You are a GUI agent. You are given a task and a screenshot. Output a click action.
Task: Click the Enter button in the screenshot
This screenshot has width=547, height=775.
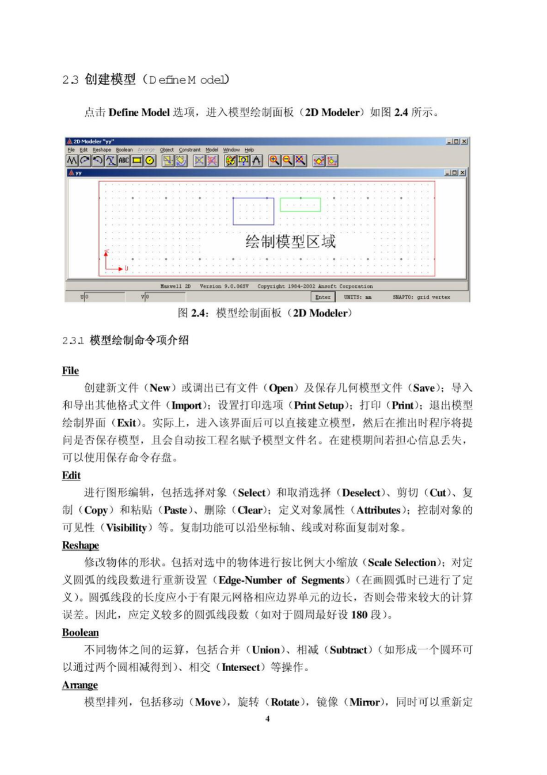pos(323,297)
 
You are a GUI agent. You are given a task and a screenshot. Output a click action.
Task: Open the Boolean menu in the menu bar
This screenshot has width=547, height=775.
pos(124,150)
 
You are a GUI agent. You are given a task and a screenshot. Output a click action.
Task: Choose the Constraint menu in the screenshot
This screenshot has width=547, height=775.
pos(189,150)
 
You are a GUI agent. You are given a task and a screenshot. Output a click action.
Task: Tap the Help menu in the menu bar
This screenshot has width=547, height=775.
pos(249,150)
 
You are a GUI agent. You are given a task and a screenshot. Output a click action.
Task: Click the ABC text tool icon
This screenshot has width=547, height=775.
pos(124,161)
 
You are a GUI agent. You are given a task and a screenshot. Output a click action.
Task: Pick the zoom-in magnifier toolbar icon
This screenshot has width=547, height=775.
pos(274,161)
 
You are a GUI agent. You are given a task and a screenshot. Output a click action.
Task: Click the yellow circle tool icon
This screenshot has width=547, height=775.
pos(150,161)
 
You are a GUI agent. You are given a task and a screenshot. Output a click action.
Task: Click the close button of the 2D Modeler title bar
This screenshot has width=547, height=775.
pos(465,141)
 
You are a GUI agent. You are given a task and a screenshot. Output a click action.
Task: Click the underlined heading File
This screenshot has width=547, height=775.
pos(70,371)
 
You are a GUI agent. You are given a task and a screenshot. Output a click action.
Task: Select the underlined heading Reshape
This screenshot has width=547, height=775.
pos(81,545)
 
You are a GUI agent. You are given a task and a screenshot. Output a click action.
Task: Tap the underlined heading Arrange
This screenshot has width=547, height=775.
pos(80,685)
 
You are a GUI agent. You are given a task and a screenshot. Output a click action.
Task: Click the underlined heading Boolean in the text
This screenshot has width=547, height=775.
pos(81,633)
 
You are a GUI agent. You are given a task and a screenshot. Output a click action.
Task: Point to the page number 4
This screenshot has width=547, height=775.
pos(267,719)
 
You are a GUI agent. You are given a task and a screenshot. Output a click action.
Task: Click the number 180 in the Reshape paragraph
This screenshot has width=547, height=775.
pos(359,615)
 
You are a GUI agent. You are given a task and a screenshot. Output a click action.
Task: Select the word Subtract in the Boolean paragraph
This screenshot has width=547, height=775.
pos(348,650)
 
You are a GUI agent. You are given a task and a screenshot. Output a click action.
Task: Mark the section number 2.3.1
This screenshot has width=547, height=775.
pos(73,341)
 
